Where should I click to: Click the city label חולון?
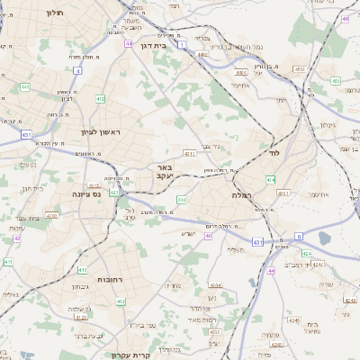click(53, 14)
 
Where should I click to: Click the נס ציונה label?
click(94, 193)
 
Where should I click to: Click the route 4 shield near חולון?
click(77, 68)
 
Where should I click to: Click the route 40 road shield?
click(208, 236)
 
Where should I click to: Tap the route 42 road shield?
click(17, 238)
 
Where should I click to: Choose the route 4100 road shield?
click(51, 216)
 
